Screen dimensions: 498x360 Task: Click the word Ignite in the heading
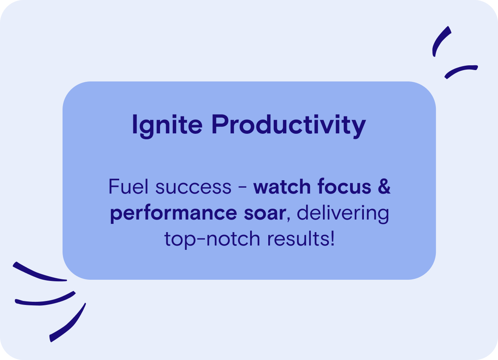[x=167, y=126]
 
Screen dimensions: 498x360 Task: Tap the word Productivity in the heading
[x=289, y=126]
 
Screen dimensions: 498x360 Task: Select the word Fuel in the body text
[x=128, y=186]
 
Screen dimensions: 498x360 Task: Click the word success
[x=194, y=188]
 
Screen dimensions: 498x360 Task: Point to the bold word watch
[x=282, y=186]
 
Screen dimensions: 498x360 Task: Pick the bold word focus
[x=344, y=186]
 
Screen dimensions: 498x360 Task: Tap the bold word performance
[x=173, y=214]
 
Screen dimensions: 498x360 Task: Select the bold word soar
[x=265, y=214]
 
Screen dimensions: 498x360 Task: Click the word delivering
[x=343, y=214]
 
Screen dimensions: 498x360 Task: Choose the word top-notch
[x=212, y=239]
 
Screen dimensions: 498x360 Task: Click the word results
[x=299, y=238]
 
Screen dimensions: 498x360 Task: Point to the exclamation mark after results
[x=332, y=238]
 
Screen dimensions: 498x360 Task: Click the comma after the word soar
[x=288, y=220]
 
